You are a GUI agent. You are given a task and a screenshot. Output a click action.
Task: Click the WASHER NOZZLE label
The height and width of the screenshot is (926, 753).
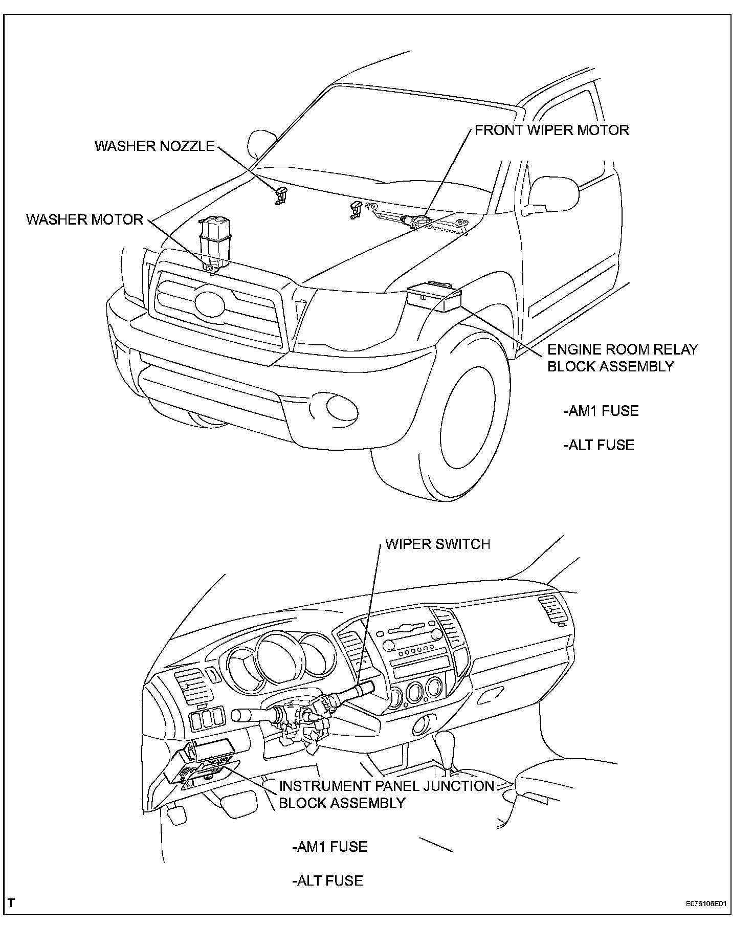coord(154,146)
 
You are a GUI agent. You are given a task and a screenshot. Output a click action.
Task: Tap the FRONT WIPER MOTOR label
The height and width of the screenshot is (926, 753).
coord(551,130)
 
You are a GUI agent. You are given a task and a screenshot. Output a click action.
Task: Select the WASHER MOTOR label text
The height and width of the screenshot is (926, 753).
coord(84,219)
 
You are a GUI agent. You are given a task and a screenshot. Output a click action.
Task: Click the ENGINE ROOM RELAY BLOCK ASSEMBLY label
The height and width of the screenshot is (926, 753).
coord(622,358)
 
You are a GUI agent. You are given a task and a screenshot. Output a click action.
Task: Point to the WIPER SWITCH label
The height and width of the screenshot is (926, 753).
coord(437,543)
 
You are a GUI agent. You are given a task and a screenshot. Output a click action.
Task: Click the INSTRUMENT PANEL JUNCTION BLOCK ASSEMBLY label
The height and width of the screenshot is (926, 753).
coord(386,793)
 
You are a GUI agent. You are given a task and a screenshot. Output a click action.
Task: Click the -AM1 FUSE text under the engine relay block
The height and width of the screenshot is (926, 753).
coord(601,411)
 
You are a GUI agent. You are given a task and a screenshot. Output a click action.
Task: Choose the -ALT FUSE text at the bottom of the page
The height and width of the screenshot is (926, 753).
coord(327,880)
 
